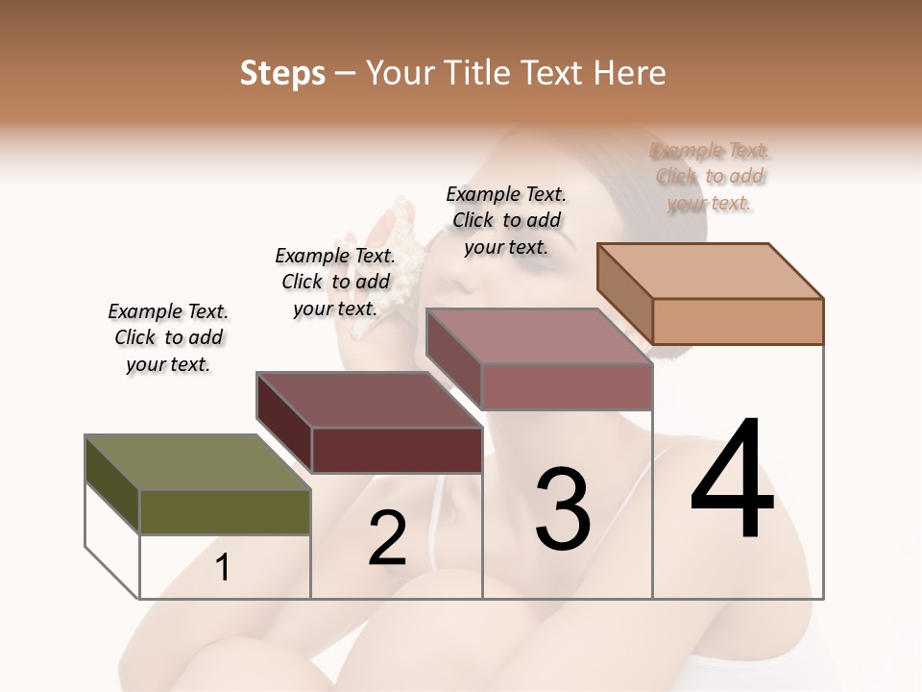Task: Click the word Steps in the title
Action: [282, 73]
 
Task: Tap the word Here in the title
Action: [631, 73]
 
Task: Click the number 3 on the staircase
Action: [562, 508]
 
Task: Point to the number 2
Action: [387, 538]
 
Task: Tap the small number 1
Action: [223, 568]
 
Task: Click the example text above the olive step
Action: [168, 337]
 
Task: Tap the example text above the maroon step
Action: [335, 282]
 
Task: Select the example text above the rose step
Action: [506, 220]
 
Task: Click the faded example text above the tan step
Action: [710, 176]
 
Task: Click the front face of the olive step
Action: [226, 512]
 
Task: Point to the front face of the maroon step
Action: [397, 450]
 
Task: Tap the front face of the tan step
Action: [738, 321]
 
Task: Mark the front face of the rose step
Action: [567, 387]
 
